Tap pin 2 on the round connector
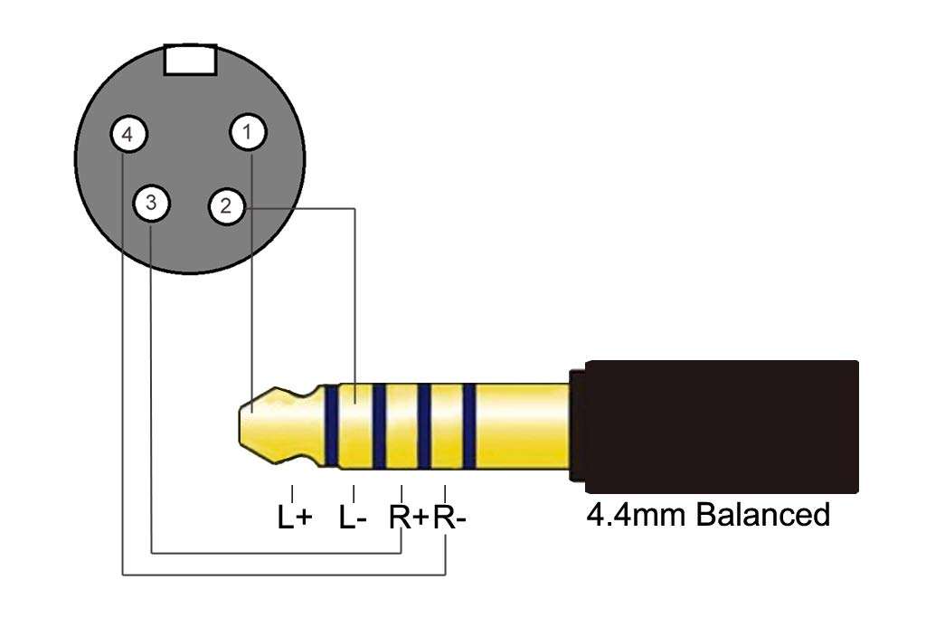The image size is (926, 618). pyautogui.click(x=226, y=206)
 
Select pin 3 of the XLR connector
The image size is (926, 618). pyautogui.click(x=151, y=203)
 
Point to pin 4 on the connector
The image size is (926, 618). pyautogui.click(x=128, y=136)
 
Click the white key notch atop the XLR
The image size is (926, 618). pyautogui.click(x=190, y=59)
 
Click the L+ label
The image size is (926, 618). pyautogui.click(x=294, y=518)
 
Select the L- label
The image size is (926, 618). pyautogui.click(x=353, y=518)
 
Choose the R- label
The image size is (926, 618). pyautogui.click(x=451, y=518)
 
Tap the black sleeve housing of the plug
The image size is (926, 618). pyautogui.click(x=719, y=425)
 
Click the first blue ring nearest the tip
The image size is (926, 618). pyautogui.click(x=334, y=425)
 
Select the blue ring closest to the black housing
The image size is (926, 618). pyautogui.click(x=468, y=425)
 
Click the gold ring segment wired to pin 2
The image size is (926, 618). pyautogui.click(x=356, y=425)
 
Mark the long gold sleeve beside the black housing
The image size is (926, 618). pyautogui.click(x=520, y=425)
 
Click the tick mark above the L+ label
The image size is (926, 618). pyautogui.click(x=293, y=493)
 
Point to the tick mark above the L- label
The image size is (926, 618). pyautogui.click(x=354, y=493)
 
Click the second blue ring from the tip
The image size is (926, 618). pyautogui.click(x=379, y=425)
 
